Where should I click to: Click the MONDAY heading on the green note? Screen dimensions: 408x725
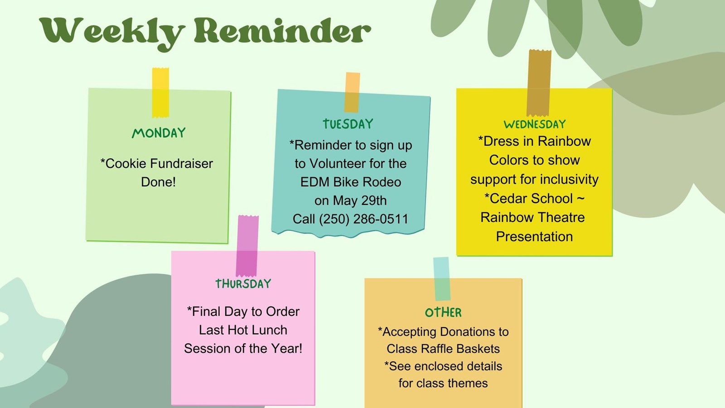[x=159, y=133]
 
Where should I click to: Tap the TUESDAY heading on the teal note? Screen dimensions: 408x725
[x=348, y=124]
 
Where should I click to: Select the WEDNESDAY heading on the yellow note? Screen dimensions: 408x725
[x=535, y=124]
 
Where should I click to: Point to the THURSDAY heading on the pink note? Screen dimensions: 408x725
[x=243, y=284]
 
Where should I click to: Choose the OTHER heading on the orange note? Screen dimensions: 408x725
[x=443, y=312]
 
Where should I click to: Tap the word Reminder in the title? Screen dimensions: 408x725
[x=282, y=31]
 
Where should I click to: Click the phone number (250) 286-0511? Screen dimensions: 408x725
[x=363, y=219]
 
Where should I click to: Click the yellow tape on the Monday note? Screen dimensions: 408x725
[x=160, y=92]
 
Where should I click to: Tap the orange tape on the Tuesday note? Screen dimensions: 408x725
[x=352, y=92]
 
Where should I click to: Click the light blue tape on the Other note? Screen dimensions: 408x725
[x=442, y=278]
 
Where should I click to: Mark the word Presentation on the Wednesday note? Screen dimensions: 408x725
[x=534, y=237]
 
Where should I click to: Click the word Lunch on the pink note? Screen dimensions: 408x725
[x=267, y=330]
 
